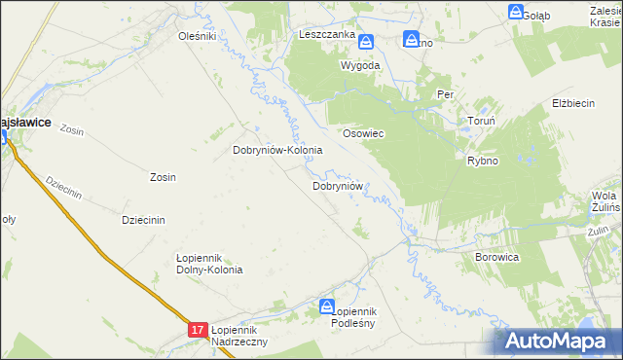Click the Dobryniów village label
click(x=338, y=185)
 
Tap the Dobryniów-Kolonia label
click(x=277, y=151)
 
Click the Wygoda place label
click(x=359, y=65)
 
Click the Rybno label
click(x=483, y=161)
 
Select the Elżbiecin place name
click(x=573, y=103)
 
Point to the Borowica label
click(x=496, y=257)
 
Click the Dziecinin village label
click(x=142, y=219)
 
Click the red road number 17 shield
click(x=198, y=331)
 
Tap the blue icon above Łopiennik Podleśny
click(x=328, y=307)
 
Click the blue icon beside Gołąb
click(x=516, y=12)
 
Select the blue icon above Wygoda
click(x=366, y=42)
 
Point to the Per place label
click(x=446, y=94)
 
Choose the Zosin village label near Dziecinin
click(x=163, y=177)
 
